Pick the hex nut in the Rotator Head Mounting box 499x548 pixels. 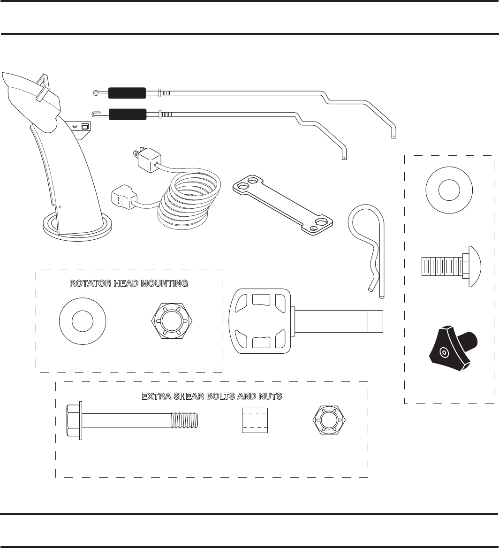point(171,321)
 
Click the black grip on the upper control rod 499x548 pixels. point(127,93)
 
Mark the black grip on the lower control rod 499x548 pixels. point(127,114)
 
